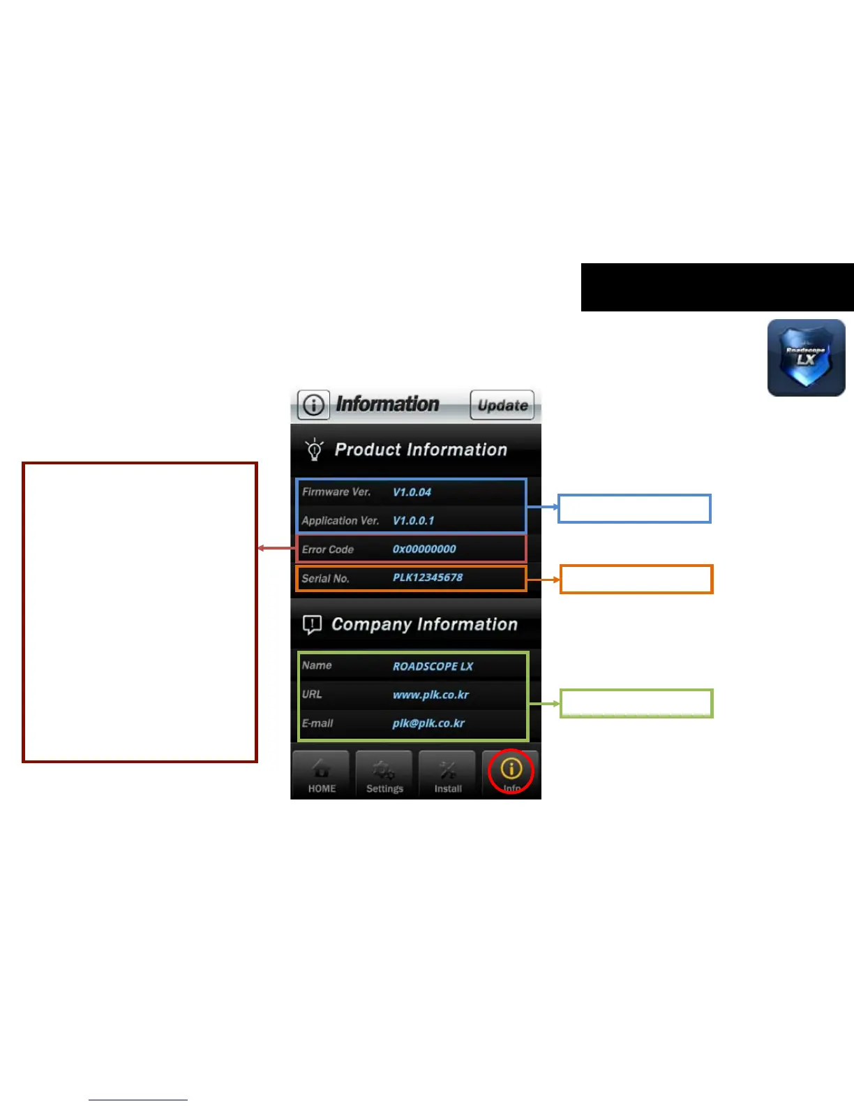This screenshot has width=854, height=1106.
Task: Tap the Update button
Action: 502,405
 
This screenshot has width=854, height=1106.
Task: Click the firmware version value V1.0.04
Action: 412,492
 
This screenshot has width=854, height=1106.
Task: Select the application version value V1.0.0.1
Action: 413,521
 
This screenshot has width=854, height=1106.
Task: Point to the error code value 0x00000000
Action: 424,550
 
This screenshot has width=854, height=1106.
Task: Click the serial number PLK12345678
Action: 428,578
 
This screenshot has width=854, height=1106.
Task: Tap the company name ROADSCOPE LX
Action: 433,666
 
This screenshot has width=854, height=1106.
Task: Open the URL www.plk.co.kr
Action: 430,695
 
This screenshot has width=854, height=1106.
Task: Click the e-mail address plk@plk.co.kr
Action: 428,723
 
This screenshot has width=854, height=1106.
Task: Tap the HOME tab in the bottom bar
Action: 322,775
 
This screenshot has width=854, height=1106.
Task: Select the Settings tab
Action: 384,775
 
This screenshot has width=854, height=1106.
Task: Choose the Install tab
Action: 448,775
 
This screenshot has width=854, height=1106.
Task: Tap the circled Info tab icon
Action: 511,770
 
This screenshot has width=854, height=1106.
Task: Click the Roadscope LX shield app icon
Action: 806,358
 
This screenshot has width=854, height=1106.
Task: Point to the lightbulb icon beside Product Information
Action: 314,449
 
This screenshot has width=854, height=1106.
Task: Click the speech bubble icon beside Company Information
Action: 312,624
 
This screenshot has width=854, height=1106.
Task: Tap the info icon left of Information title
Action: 314,405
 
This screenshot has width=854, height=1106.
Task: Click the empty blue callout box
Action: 634,508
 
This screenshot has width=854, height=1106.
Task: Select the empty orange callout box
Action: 636,580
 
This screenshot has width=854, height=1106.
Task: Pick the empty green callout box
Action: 636,703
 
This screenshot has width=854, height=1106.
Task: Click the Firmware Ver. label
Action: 336,492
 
